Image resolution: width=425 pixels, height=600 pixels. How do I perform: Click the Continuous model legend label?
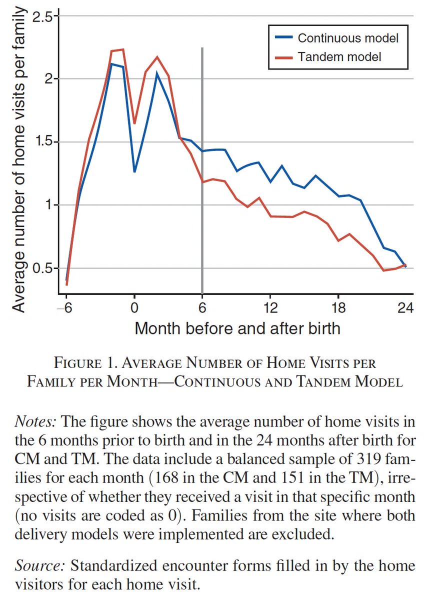(x=348, y=38)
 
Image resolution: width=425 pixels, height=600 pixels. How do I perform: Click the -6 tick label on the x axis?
(x=65, y=308)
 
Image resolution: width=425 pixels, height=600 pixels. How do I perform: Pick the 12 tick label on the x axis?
(x=269, y=308)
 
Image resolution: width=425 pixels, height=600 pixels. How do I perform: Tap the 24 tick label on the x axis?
(x=405, y=308)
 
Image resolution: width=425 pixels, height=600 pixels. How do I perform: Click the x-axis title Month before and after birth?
(x=237, y=328)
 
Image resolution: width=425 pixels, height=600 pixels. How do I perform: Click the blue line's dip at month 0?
(x=134, y=171)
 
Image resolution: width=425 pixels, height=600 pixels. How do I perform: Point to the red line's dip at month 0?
(x=134, y=123)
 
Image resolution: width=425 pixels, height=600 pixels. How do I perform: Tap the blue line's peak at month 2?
(x=157, y=73)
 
